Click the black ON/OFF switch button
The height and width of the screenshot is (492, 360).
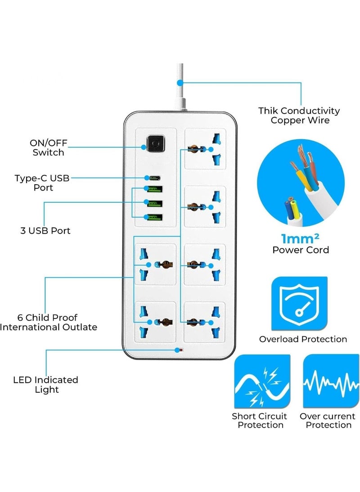(155, 146)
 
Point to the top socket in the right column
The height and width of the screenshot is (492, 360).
(205, 149)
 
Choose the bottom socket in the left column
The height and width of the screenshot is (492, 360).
(155, 322)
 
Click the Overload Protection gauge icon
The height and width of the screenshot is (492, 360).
(299, 304)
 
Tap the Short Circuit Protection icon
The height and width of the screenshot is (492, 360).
(262, 381)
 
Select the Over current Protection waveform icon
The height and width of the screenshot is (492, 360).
(331, 381)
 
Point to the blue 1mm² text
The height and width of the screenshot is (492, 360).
(301, 238)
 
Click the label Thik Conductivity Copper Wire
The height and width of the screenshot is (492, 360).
(299, 115)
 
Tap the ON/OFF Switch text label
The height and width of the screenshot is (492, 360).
(48, 148)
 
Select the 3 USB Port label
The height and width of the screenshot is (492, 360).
(45, 231)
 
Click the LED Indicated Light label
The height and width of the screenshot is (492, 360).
(45, 384)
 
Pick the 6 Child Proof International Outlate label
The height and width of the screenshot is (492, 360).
(48, 322)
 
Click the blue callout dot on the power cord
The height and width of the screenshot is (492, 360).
(180, 82)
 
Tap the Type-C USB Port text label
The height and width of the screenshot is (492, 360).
(42, 182)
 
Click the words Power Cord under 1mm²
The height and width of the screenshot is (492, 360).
(301, 250)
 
